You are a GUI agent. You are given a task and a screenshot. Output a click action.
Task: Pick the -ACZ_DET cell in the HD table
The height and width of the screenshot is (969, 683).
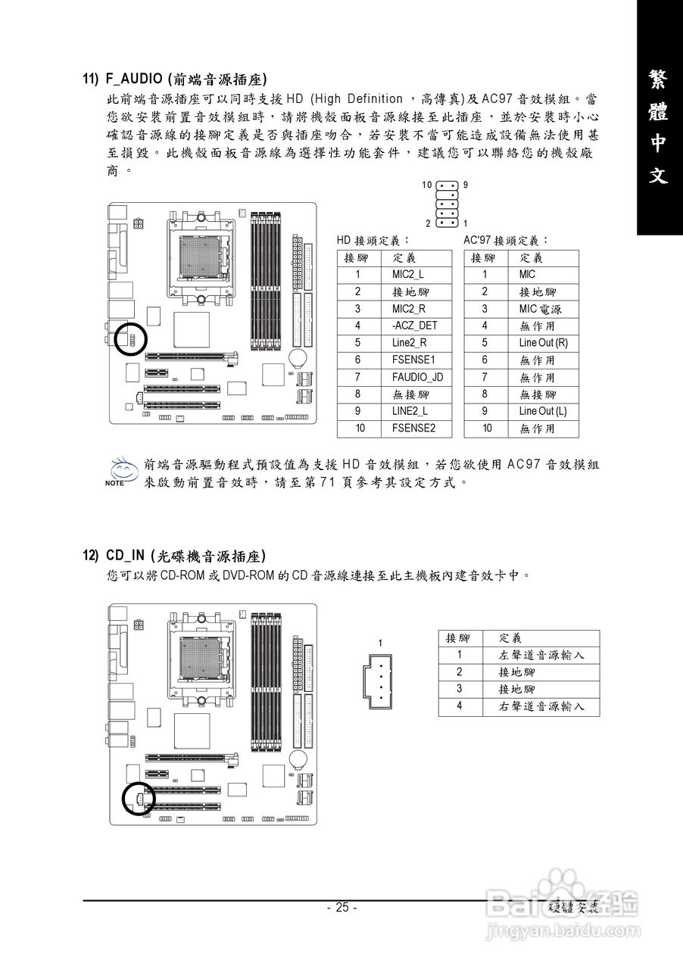(414, 326)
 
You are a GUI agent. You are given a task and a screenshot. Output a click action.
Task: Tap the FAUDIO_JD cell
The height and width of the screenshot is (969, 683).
(417, 377)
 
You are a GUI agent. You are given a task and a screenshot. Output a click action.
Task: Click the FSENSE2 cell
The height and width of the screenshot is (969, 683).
(413, 428)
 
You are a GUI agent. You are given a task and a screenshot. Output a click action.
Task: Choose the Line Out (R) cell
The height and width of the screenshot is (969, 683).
(543, 343)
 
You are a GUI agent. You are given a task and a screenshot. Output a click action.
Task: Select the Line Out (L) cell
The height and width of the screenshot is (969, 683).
(542, 411)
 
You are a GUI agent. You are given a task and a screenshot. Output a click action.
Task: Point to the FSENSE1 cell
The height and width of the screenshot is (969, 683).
(413, 360)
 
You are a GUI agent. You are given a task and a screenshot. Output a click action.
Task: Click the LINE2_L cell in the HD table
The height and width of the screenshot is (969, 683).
(410, 411)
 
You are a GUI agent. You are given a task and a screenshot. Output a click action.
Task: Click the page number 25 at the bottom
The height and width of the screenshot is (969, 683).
(341, 908)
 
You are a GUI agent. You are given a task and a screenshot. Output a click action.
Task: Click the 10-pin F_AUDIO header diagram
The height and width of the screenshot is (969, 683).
(447, 204)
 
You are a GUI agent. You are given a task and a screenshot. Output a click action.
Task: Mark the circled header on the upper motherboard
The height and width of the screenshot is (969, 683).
(131, 339)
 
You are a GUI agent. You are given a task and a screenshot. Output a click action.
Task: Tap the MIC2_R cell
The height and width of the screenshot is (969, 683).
(408, 309)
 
